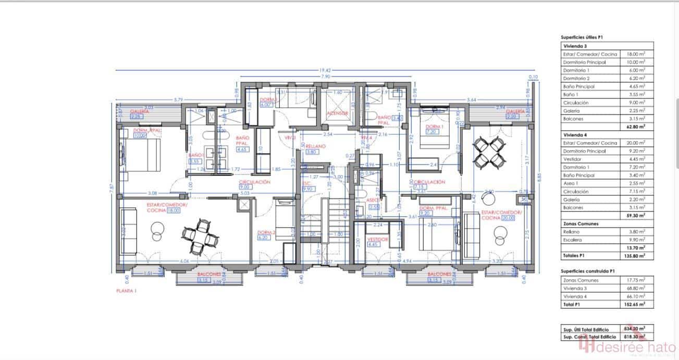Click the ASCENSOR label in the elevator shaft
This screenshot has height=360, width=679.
point(337,113)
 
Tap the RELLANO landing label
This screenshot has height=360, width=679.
point(316,146)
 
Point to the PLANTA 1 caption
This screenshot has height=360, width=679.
point(126,291)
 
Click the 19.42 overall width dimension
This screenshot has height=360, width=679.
point(327,70)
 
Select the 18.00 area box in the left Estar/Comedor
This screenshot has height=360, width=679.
point(173,211)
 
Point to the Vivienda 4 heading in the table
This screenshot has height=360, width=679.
point(575,134)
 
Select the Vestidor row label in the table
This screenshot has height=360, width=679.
point(573,159)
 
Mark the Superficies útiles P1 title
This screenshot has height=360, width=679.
point(582,38)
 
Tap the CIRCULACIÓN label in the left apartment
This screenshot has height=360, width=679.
point(254,182)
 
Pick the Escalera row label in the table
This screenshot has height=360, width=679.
point(573,240)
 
